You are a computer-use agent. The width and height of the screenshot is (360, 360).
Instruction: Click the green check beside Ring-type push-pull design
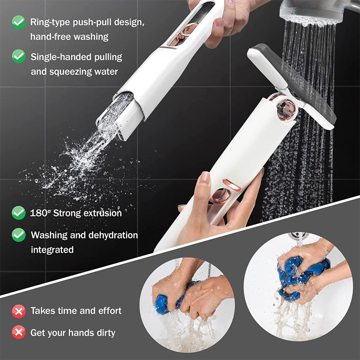pyautogui.click(x=18, y=22)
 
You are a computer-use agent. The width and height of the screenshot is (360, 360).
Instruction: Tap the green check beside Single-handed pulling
pyautogui.click(x=18, y=56)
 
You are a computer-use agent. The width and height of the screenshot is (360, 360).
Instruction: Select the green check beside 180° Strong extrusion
pyautogui.click(x=18, y=212)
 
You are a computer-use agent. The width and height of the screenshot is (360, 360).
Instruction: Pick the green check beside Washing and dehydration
pyautogui.click(x=18, y=234)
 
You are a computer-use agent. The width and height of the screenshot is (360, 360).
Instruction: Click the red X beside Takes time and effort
pyautogui.click(x=18, y=310)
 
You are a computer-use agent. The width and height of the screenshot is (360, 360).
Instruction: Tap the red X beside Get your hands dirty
pyautogui.click(x=18, y=333)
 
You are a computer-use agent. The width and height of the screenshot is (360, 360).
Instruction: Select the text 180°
pyautogui.click(x=40, y=213)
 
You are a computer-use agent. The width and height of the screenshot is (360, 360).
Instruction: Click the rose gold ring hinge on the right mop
pyautogui.click(x=285, y=108)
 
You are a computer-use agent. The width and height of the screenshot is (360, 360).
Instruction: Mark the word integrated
pyautogui.click(x=52, y=249)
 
